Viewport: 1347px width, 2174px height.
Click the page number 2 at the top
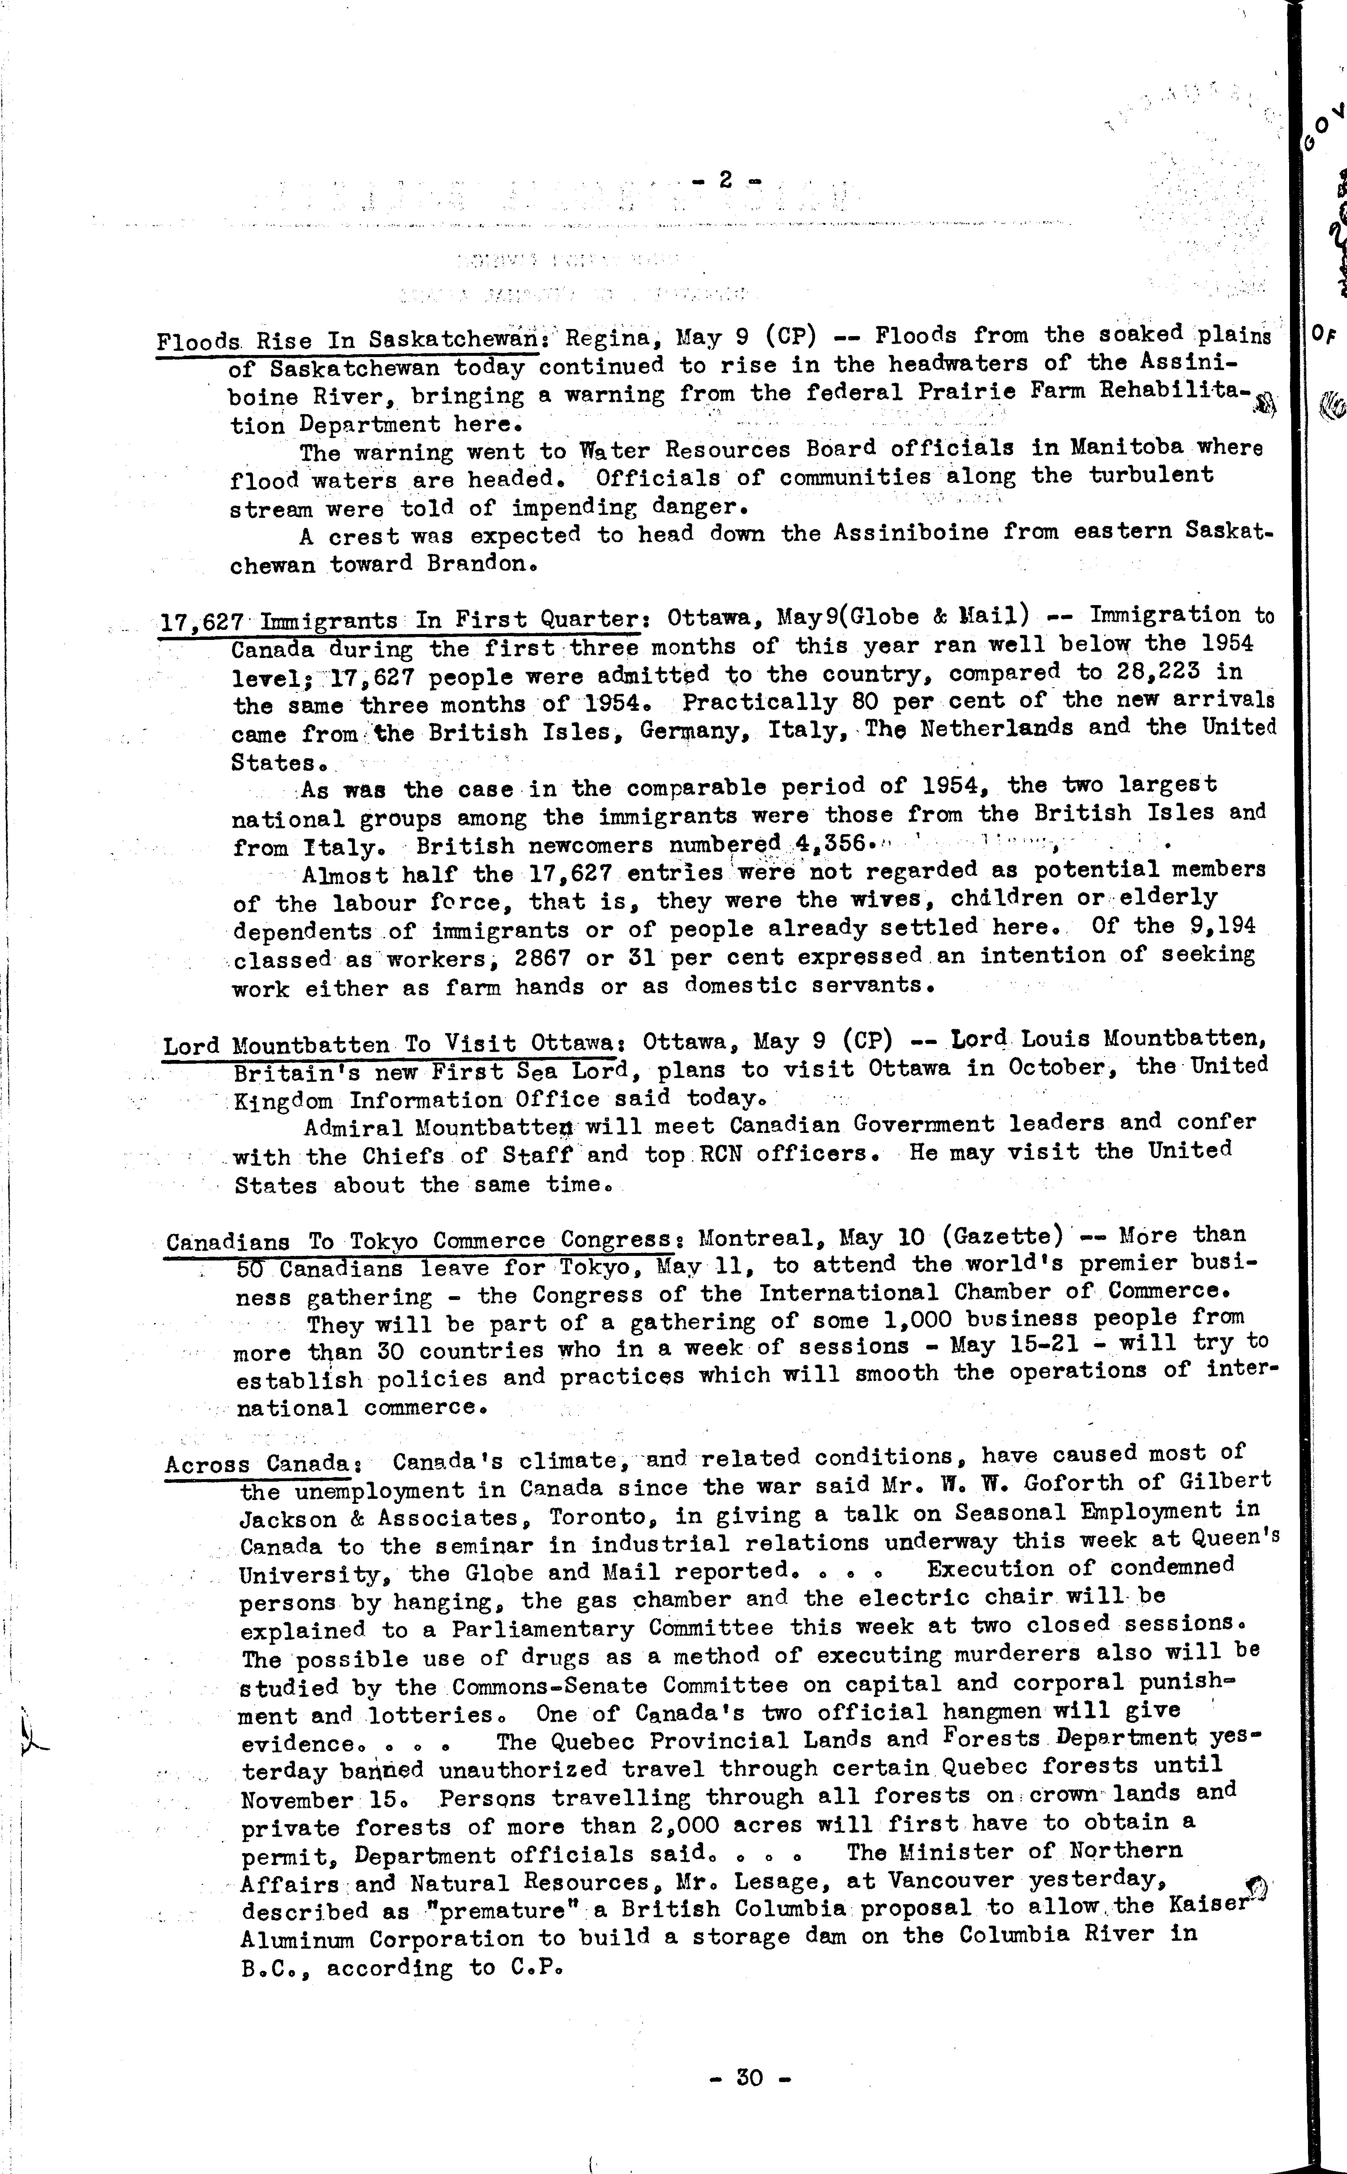pos(724,179)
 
